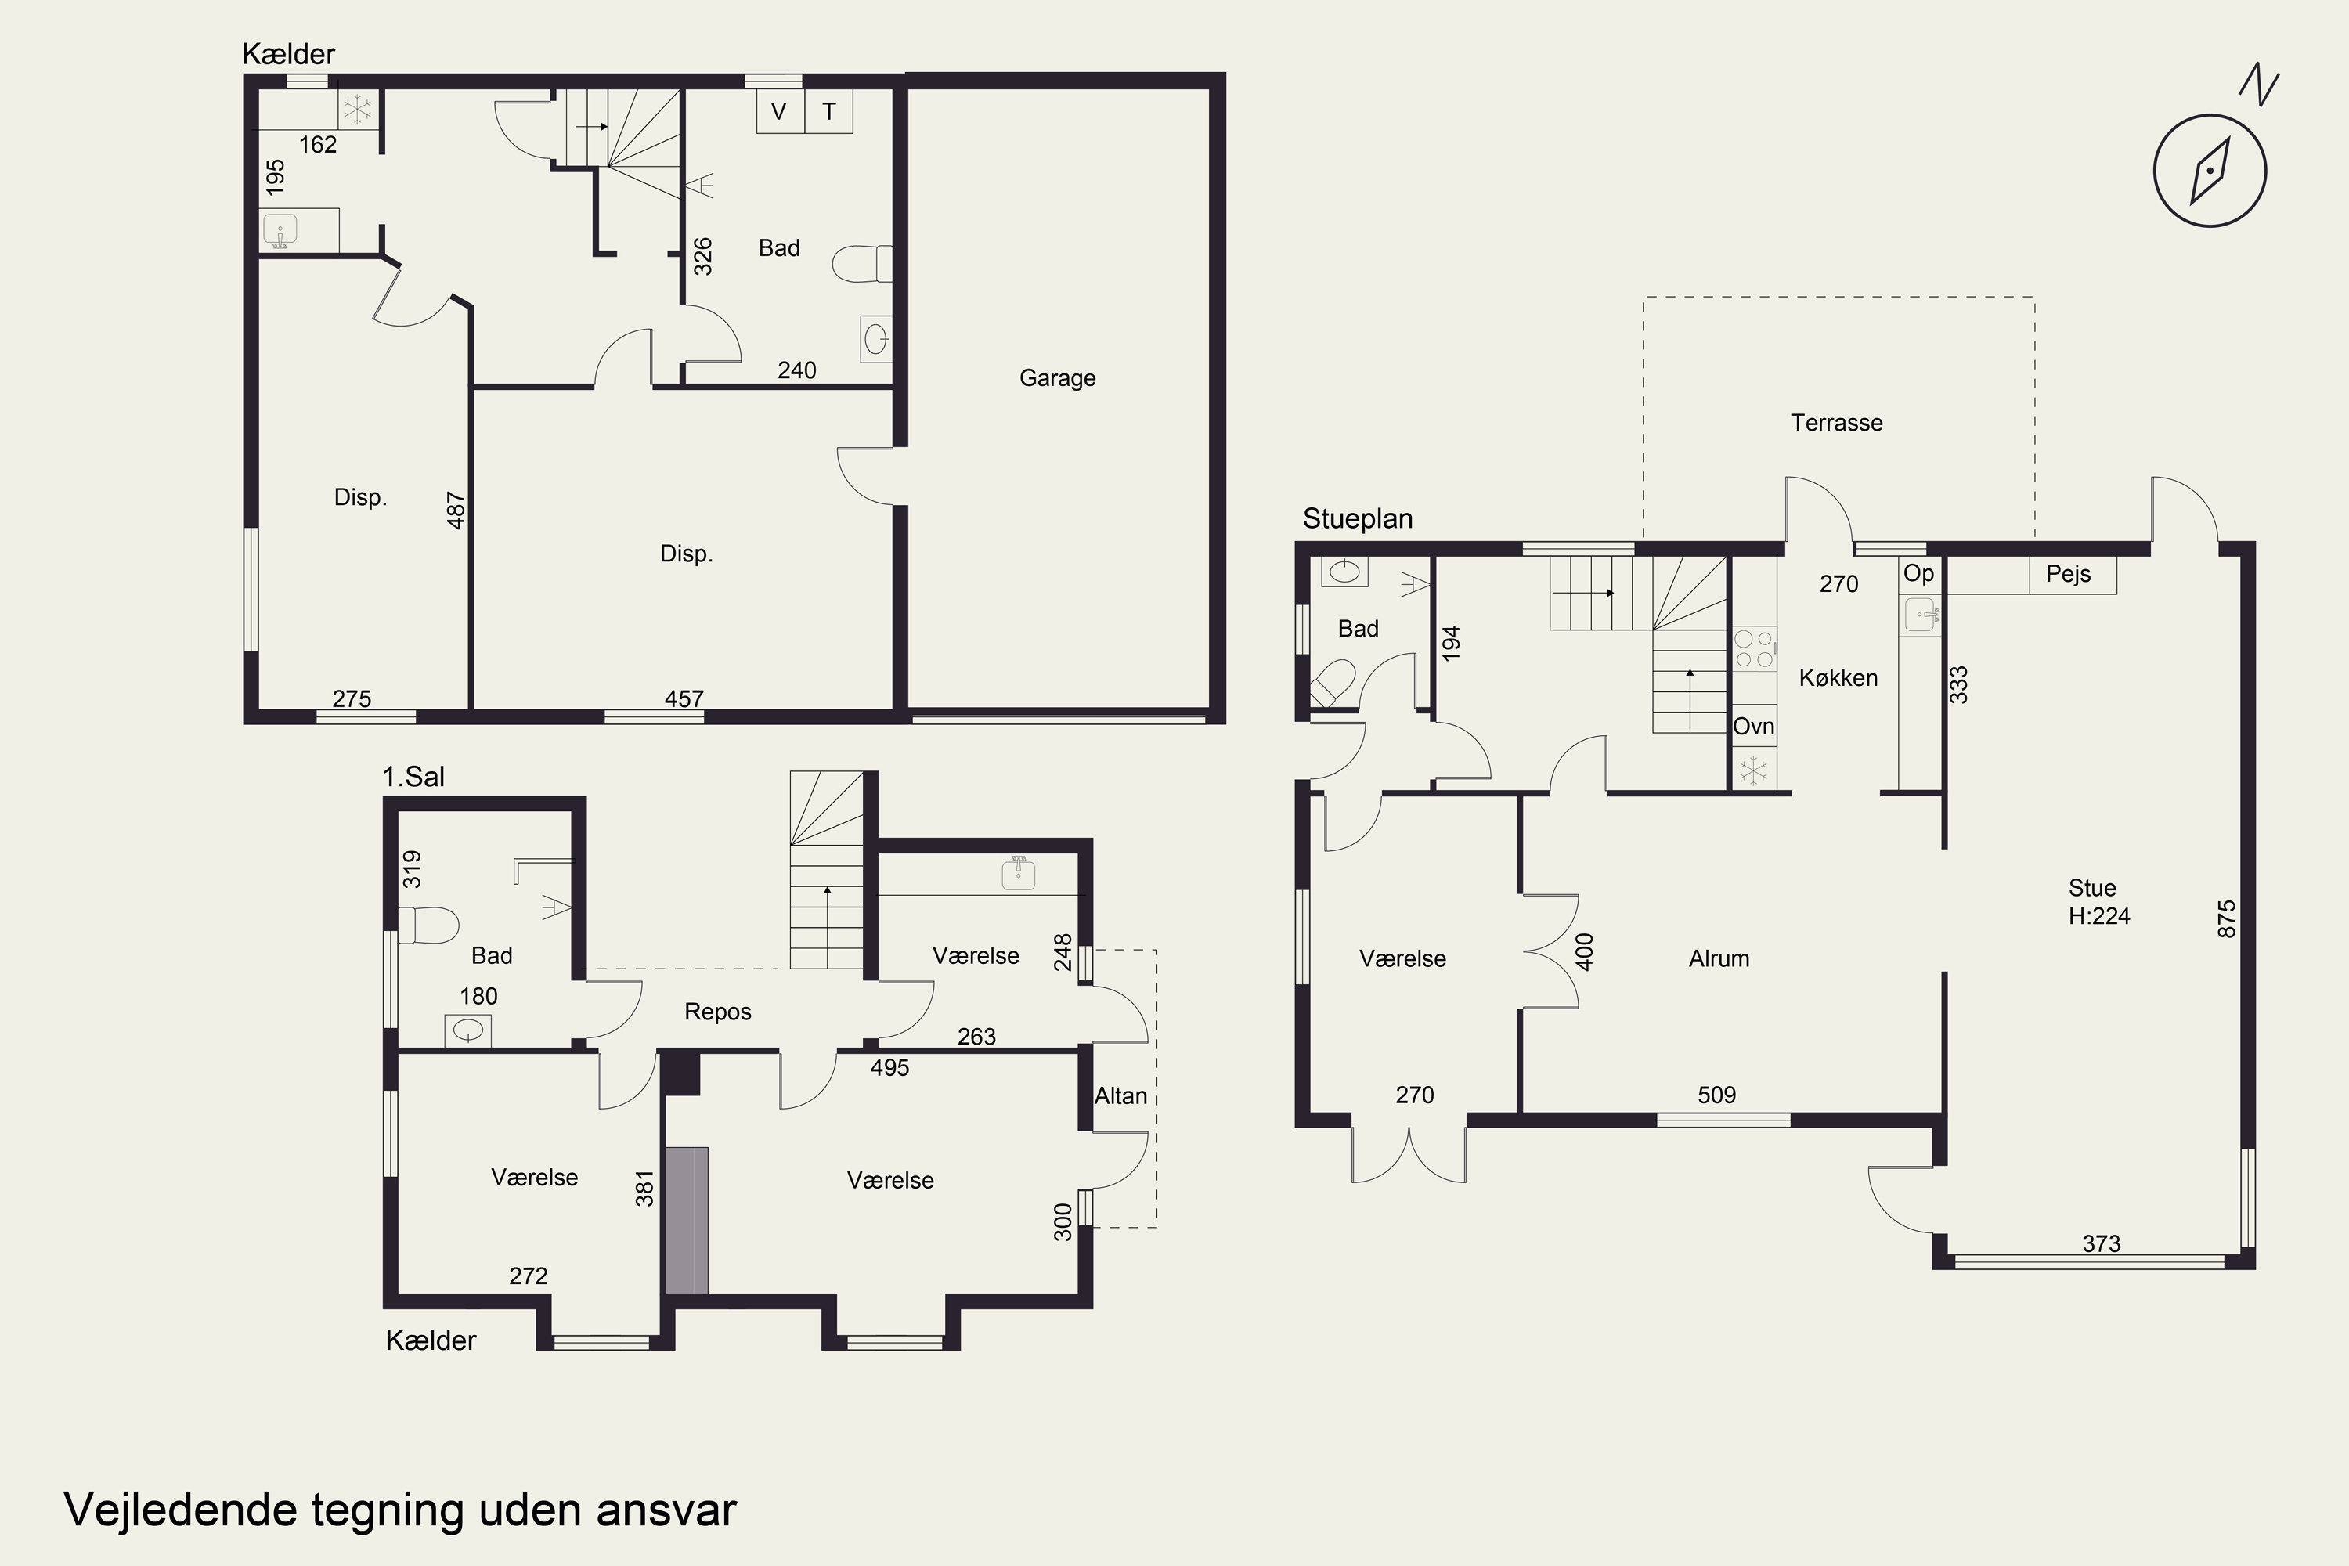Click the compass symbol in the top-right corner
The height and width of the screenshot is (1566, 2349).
(2209, 170)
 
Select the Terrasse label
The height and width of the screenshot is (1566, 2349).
(1837, 423)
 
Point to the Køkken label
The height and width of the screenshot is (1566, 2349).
(1838, 677)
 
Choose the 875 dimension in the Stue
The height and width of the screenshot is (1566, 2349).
(2226, 918)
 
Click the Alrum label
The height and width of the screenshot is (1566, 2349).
(1719, 958)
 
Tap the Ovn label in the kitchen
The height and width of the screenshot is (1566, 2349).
(1754, 726)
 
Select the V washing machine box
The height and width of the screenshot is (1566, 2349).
(780, 111)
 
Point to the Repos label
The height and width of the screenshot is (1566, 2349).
(717, 1012)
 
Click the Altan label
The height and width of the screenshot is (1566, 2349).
(1120, 1095)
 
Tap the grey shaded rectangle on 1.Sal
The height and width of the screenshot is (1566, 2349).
(687, 1221)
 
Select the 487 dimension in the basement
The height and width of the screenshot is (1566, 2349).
(456, 510)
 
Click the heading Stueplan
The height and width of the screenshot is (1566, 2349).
(1357, 518)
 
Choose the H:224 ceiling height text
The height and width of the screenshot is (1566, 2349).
(2098, 916)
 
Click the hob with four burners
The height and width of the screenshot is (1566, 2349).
(1754, 648)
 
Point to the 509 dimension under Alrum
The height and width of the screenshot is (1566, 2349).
(1717, 1095)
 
